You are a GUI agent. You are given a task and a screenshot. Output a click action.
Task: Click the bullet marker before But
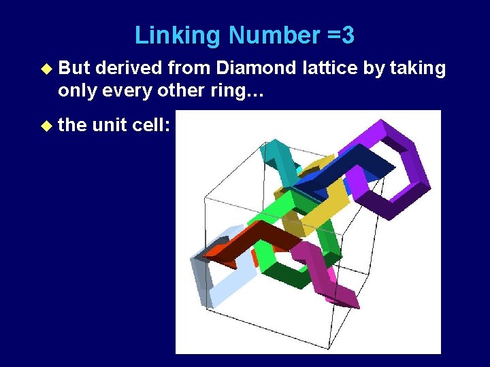46,69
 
